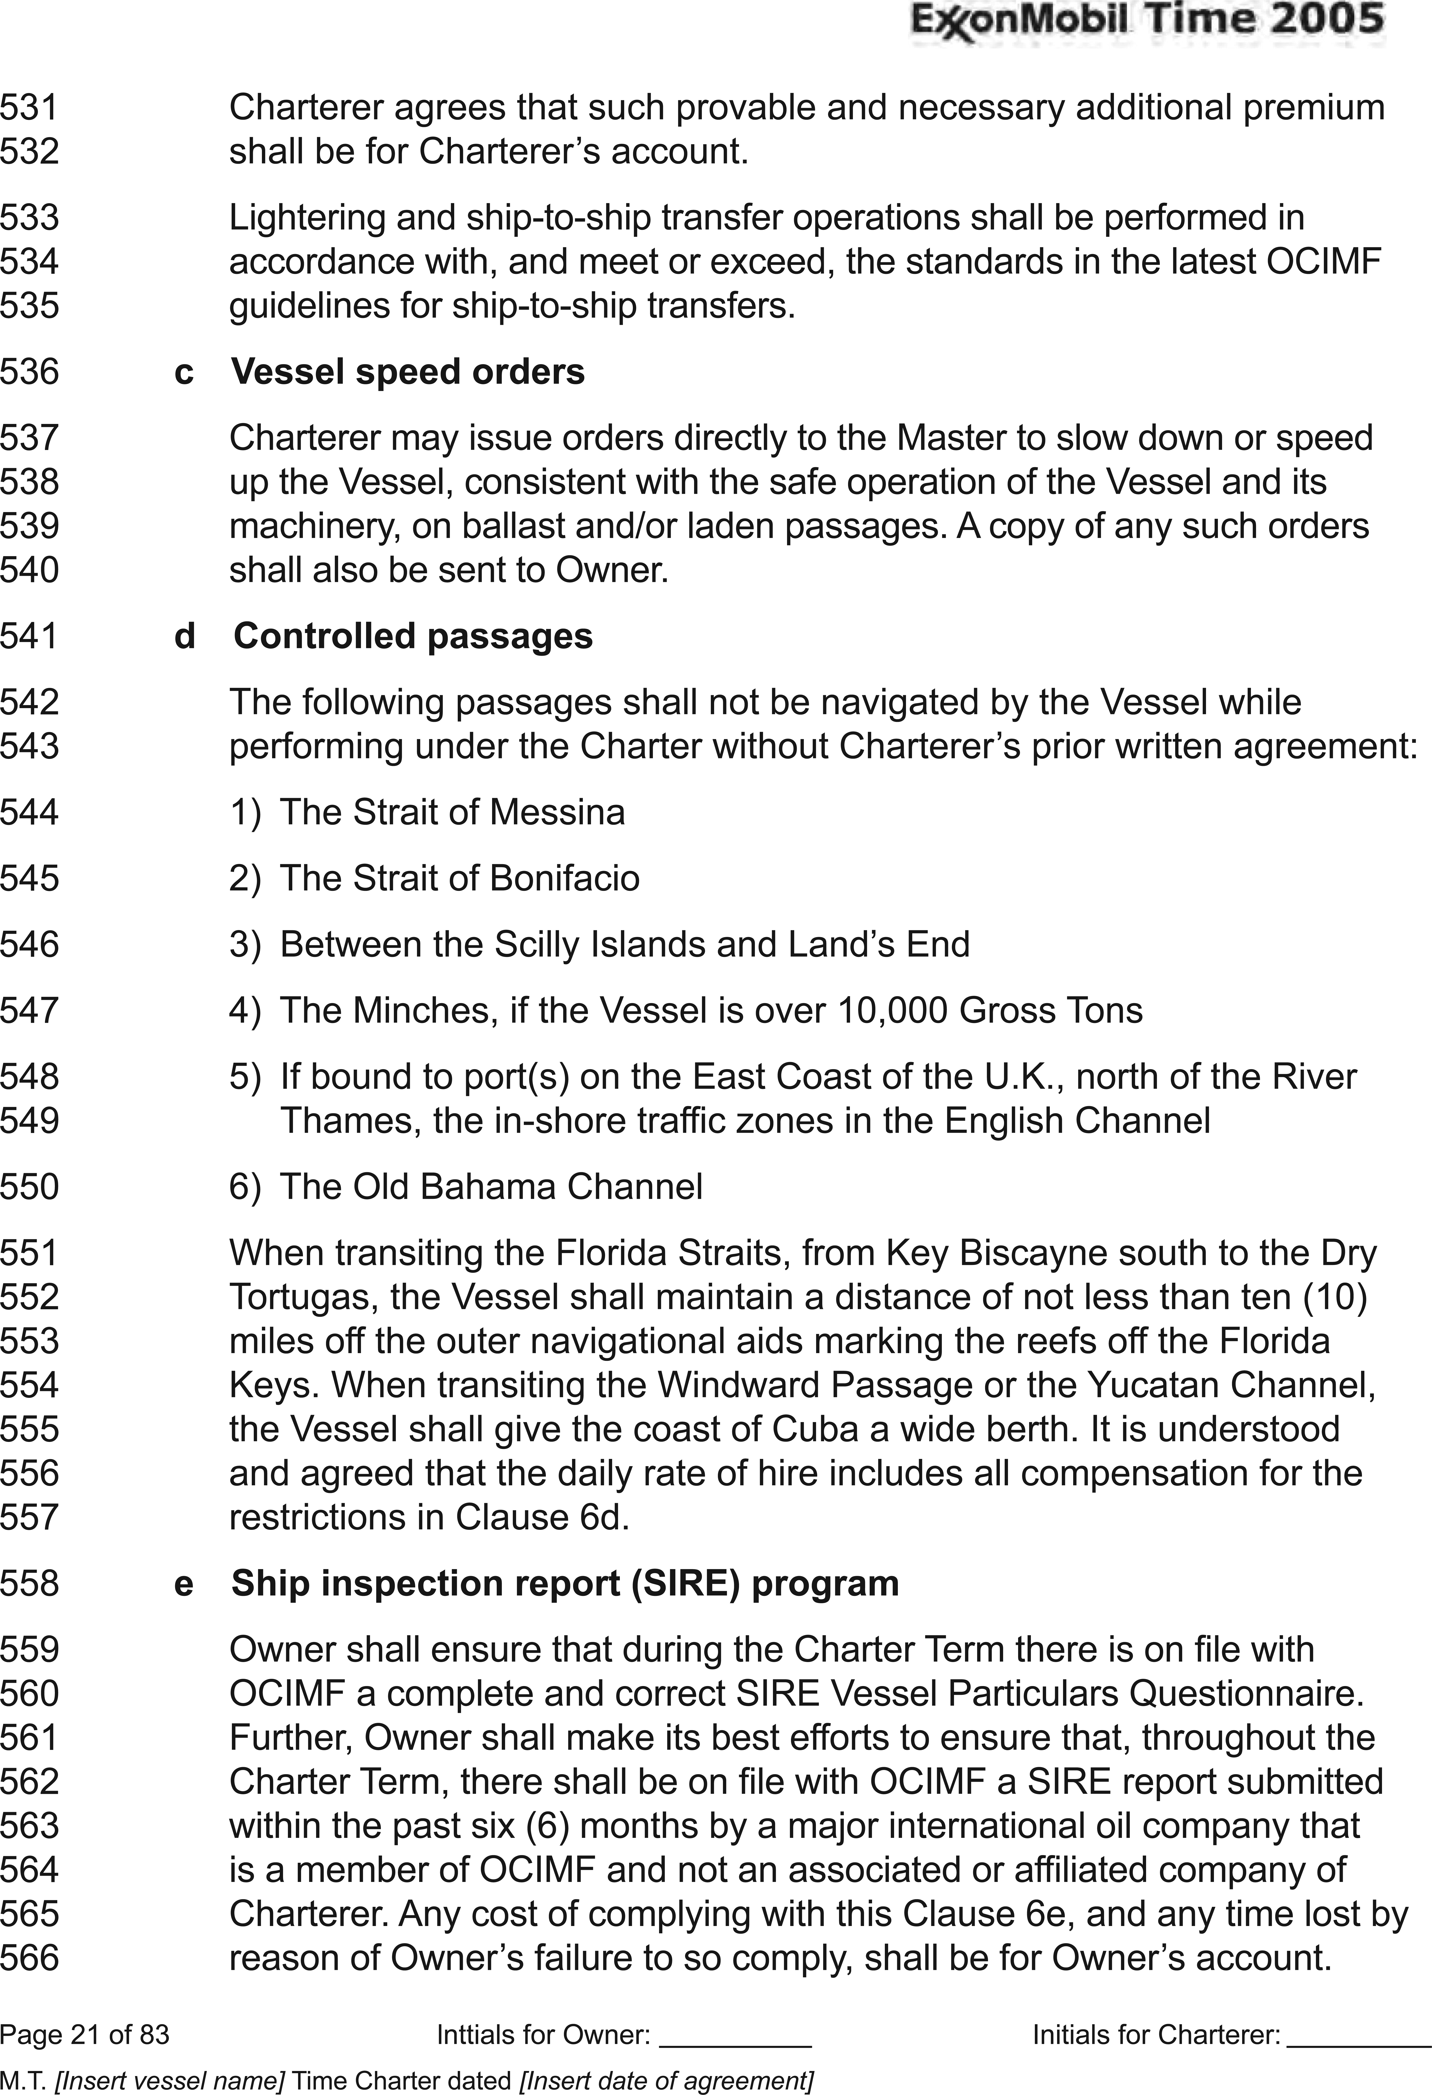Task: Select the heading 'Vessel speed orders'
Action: coord(407,371)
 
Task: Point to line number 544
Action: coord(30,812)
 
